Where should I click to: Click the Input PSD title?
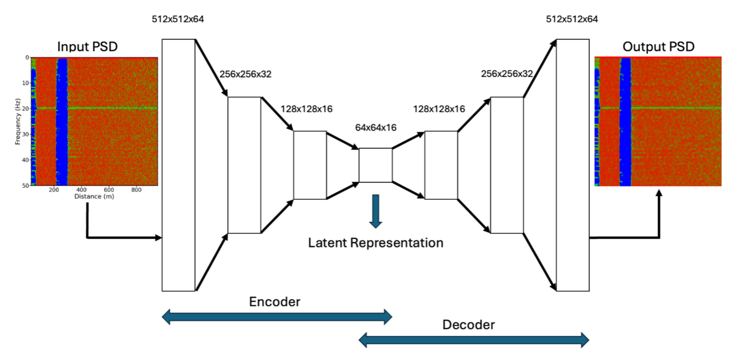87,46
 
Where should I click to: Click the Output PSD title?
658,46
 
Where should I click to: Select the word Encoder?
274,302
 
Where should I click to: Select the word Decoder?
468,325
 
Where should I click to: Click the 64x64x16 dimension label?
376,128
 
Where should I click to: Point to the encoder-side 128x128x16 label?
306,109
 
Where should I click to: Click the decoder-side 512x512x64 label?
572,19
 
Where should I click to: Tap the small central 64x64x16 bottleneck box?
375,165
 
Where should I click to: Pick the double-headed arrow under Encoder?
277,317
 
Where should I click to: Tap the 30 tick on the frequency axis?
26,134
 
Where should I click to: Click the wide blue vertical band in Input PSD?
62,122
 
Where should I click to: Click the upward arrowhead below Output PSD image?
659,193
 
